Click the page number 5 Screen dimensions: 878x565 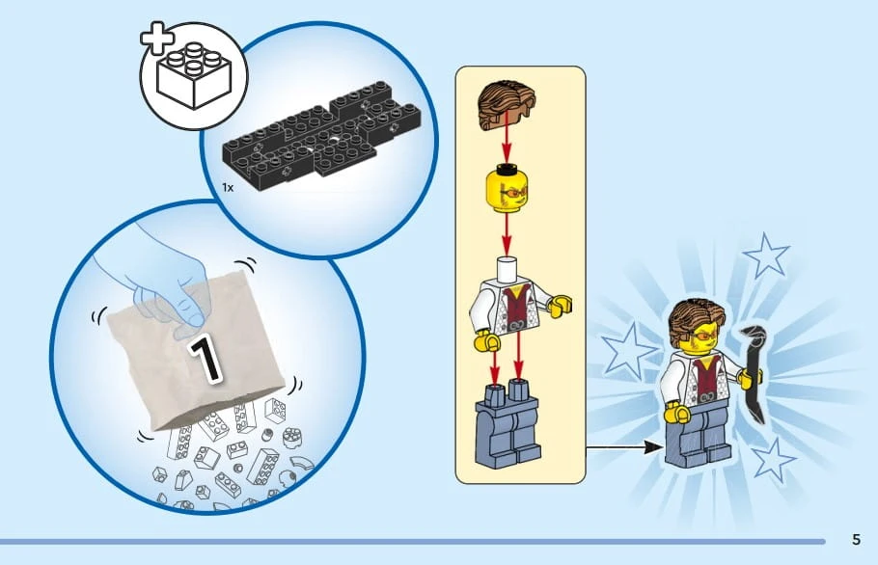856,539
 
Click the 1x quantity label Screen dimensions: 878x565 228,187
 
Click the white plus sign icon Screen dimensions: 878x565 156,39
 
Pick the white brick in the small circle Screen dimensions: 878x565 194,75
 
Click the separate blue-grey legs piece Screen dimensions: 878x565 508,423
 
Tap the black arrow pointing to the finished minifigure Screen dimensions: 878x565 625,447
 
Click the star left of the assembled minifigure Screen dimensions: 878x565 627,351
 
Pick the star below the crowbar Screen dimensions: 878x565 773,460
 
